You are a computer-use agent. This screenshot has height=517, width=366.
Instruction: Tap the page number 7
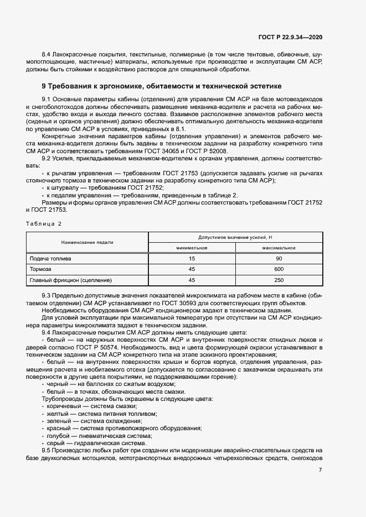pos(321,470)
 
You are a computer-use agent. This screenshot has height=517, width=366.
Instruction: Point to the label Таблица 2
pos(44,223)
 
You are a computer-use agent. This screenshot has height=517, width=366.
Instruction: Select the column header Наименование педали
pos(87,242)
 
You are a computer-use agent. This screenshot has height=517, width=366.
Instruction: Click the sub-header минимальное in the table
pos(192,248)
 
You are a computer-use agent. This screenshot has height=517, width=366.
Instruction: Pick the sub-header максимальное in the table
pos(279,248)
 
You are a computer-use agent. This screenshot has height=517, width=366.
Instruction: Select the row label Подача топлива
pos(50,258)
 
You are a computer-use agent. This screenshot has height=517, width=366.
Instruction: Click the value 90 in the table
pos(279,258)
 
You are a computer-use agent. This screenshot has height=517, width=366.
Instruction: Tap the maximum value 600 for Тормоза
pos(279,269)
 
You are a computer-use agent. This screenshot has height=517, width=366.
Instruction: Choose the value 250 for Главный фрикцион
pos(279,280)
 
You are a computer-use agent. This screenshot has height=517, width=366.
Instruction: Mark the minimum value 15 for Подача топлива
pos(192,258)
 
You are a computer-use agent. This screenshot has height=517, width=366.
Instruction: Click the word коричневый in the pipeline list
pos(61,406)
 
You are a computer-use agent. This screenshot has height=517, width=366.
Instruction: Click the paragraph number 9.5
pos(47,450)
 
